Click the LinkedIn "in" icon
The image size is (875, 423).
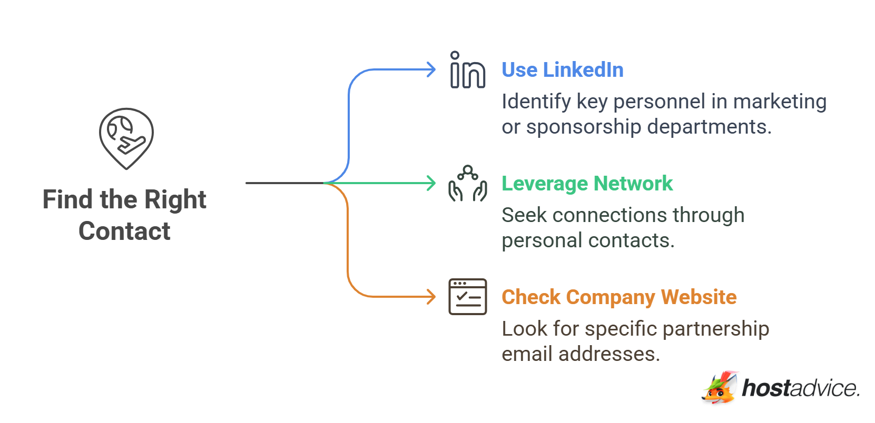coord(467,70)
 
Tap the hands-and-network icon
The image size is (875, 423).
coord(468,184)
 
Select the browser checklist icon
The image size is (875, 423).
coord(468,297)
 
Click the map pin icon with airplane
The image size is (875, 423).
coord(126,138)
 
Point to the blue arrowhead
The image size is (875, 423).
coord(431,70)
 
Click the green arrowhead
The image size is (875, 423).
coord(431,183)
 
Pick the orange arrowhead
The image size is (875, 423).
coord(431,297)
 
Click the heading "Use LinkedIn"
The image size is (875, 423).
coord(563,70)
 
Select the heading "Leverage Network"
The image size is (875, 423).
coord(587,184)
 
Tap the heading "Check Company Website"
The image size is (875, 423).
coord(619,297)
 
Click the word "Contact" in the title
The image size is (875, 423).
coord(125,231)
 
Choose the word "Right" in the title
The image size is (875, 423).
coord(175,200)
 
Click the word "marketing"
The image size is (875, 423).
coord(780,102)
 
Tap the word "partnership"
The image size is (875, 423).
coord(716,329)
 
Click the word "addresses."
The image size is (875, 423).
coord(609,354)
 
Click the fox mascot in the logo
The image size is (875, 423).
coord(720,388)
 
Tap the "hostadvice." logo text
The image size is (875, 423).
coord(800,388)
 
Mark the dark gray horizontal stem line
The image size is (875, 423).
coord(285,183)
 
